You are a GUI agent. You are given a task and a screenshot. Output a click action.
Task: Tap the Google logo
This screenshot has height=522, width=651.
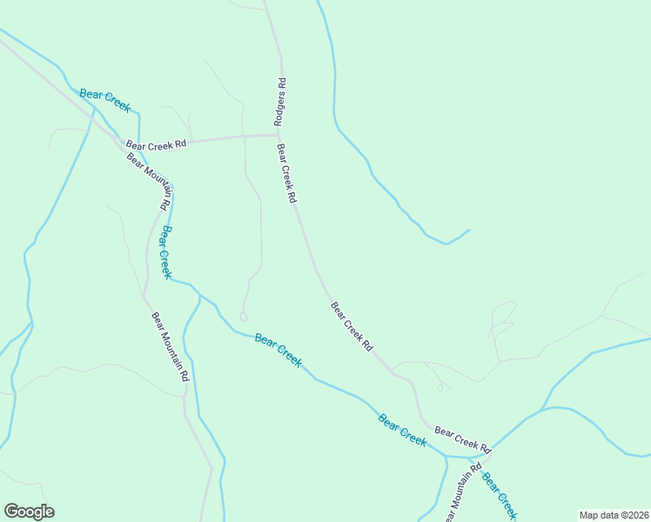tap(29, 512)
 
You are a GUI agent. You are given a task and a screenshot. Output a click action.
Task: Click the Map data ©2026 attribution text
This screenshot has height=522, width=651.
tap(613, 515)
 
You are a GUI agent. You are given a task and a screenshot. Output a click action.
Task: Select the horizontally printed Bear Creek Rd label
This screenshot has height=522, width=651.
tap(157, 144)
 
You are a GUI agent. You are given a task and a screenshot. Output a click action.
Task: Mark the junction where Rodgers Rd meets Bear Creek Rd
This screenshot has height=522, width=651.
tap(279, 135)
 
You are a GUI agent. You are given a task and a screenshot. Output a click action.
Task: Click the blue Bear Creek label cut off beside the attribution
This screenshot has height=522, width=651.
tap(500, 497)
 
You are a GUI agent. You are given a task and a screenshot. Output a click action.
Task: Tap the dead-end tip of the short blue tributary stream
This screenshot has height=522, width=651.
tap(469, 231)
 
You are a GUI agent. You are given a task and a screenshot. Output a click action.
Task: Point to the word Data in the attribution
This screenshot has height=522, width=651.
tap(604, 515)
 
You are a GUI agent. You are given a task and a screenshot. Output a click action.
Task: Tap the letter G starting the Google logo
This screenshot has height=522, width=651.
tap(11, 511)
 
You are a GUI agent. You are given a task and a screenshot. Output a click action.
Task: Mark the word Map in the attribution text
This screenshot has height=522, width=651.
tap(588, 515)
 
